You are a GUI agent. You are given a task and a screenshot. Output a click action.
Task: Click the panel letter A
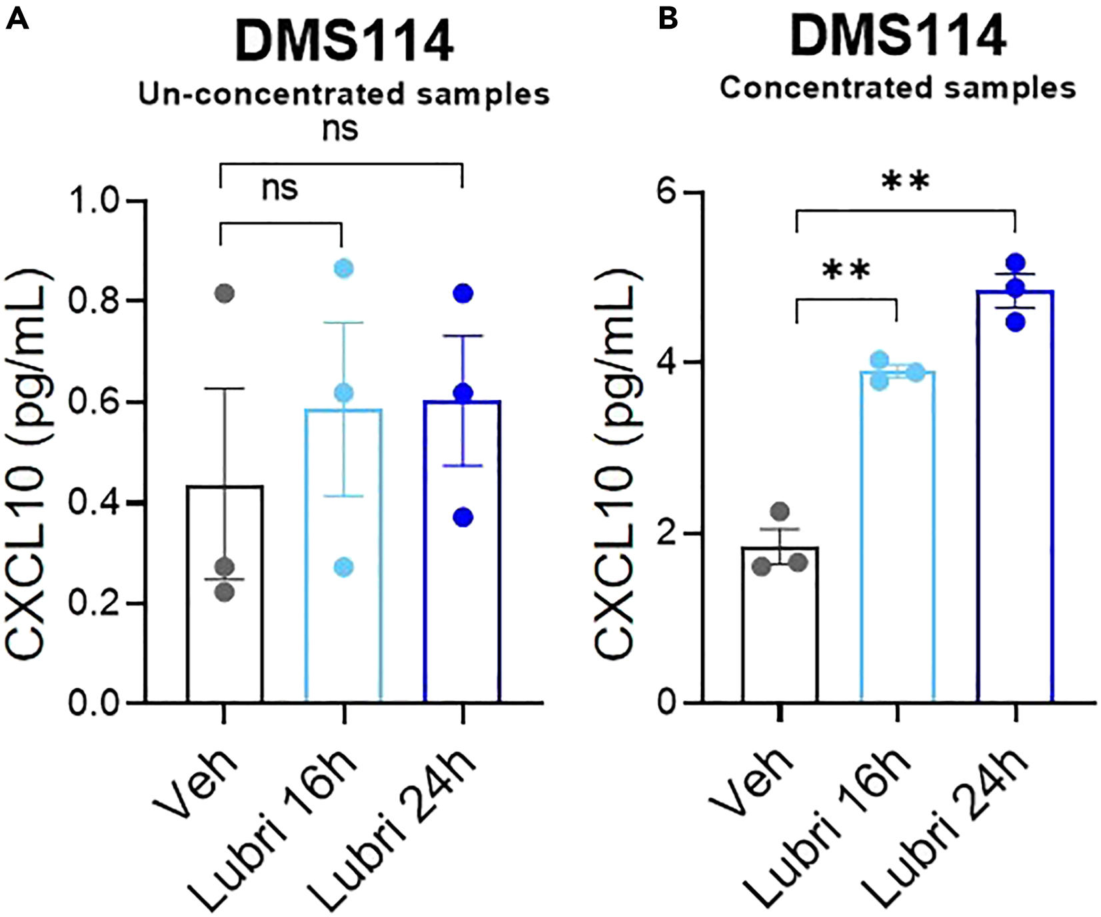[x=17, y=18]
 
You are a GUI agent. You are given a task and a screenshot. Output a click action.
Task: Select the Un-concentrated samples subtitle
[x=344, y=95]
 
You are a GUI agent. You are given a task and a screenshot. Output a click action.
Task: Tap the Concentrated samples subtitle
[x=898, y=88]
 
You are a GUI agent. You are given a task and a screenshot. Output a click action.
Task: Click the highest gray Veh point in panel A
[x=225, y=293]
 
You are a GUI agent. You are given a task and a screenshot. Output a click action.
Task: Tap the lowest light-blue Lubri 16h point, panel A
[x=343, y=568]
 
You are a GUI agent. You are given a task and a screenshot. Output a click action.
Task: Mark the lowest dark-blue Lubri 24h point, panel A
[x=463, y=517]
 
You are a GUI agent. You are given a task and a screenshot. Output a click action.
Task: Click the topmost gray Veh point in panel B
[x=779, y=512]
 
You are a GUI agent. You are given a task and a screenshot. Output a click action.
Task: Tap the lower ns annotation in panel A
[x=280, y=189]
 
